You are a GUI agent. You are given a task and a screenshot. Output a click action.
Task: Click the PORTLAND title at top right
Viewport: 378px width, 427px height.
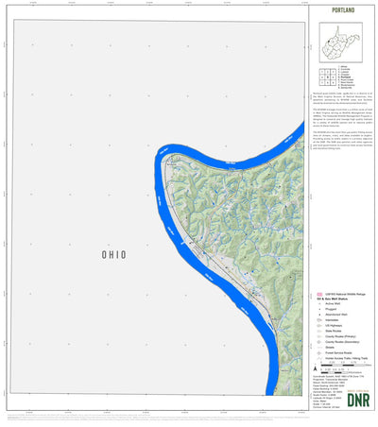pyautogui.click(x=343, y=9)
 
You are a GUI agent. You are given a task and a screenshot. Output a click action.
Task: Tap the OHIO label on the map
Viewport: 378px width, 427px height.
pyautogui.click(x=113, y=255)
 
